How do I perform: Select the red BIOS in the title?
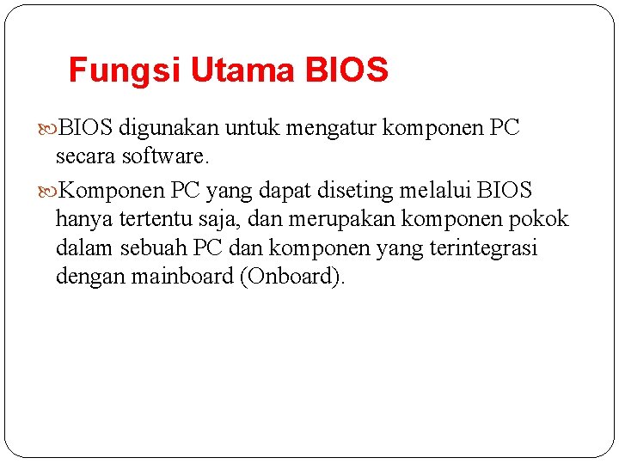pos(347,70)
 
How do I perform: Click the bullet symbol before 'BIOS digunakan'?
pos(49,130)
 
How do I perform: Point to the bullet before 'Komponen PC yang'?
pos(49,190)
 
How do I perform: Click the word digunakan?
pos(169,129)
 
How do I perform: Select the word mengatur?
pos(332,129)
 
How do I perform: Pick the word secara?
pos(86,157)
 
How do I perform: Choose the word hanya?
pos(84,219)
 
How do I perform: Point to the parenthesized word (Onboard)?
pos(293,277)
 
